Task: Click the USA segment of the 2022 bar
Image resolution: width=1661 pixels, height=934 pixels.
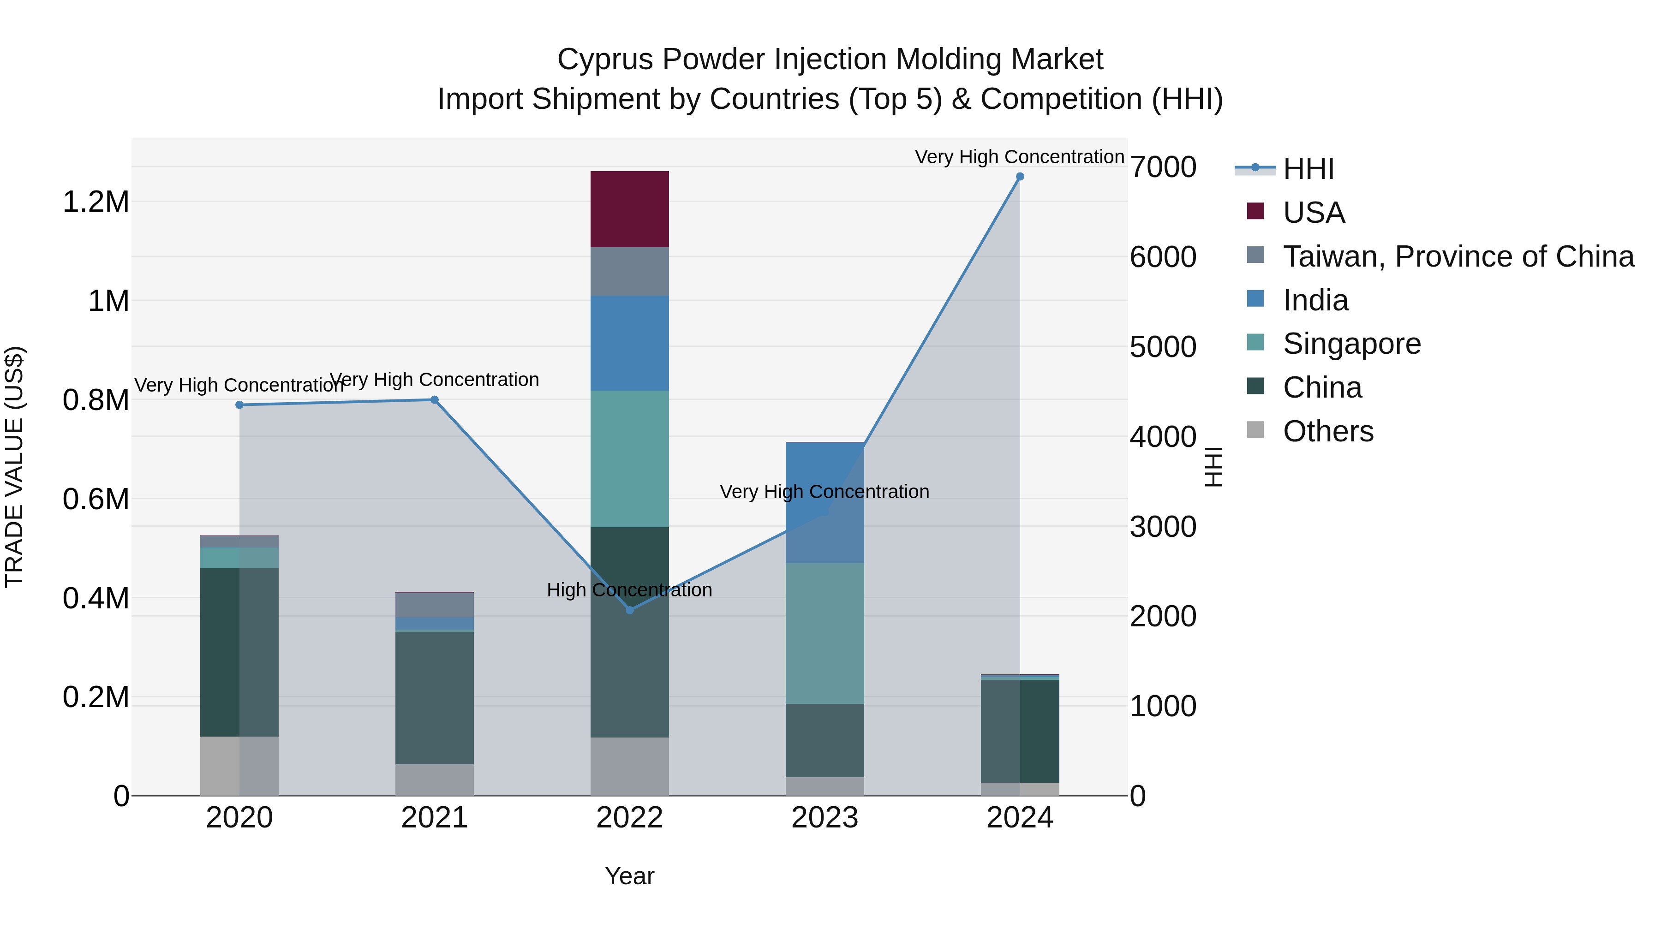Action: pyautogui.click(x=629, y=209)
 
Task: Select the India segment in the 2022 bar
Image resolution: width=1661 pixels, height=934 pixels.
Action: pyautogui.click(x=629, y=343)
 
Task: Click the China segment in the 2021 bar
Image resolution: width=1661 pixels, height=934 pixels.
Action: pyautogui.click(x=435, y=698)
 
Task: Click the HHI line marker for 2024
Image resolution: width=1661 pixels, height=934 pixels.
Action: pyautogui.click(x=1019, y=177)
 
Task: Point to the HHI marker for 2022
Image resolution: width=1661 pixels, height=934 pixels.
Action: pyautogui.click(x=630, y=610)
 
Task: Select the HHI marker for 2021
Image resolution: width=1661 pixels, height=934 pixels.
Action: pyautogui.click(x=435, y=399)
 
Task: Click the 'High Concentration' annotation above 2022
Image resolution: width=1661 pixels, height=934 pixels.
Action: pyautogui.click(x=629, y=590)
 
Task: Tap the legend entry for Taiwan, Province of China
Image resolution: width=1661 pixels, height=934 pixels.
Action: pyautogui.click(x=1457, y=256)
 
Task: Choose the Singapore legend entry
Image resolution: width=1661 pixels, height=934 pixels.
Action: pyautogui.click(x=1351, y=344)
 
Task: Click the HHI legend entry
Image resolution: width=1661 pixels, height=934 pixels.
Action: pyautogui.click(x=1308, y=169)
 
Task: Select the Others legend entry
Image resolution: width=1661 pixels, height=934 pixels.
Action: pyautogui.click(x=1327, y=431)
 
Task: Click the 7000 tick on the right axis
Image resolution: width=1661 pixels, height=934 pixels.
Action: pyautogui.click(x=1163, y=167)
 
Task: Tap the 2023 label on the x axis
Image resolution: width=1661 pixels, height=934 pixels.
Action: pyautogui.click(x=825, y=818)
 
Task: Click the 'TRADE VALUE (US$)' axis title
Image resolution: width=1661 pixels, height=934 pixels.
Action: pyautogui.click(x=14, y=467)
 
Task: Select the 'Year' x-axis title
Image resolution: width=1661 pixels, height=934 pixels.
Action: pyautogui.click(x=629, y=876)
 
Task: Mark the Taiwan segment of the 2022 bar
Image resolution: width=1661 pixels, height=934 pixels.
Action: pyautogui.click(x=629, y=271)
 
